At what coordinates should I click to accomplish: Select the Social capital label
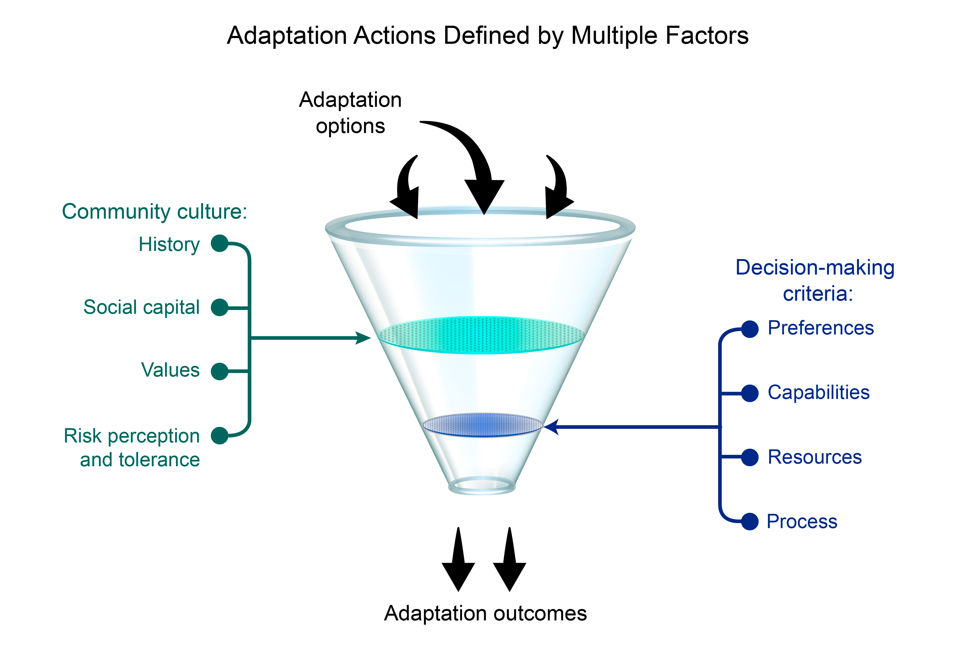[x=141, y=307]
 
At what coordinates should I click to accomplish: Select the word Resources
[x=814, y=457]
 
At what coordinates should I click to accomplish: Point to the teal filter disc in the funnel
[x=482, y=335]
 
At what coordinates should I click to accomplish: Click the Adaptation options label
[x=350, y=113]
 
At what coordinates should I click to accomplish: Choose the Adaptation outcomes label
[x=485, y=613]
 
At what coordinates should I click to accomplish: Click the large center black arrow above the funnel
[x=475, y=161]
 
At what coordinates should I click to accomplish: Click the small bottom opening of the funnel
[x=482, y=485]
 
